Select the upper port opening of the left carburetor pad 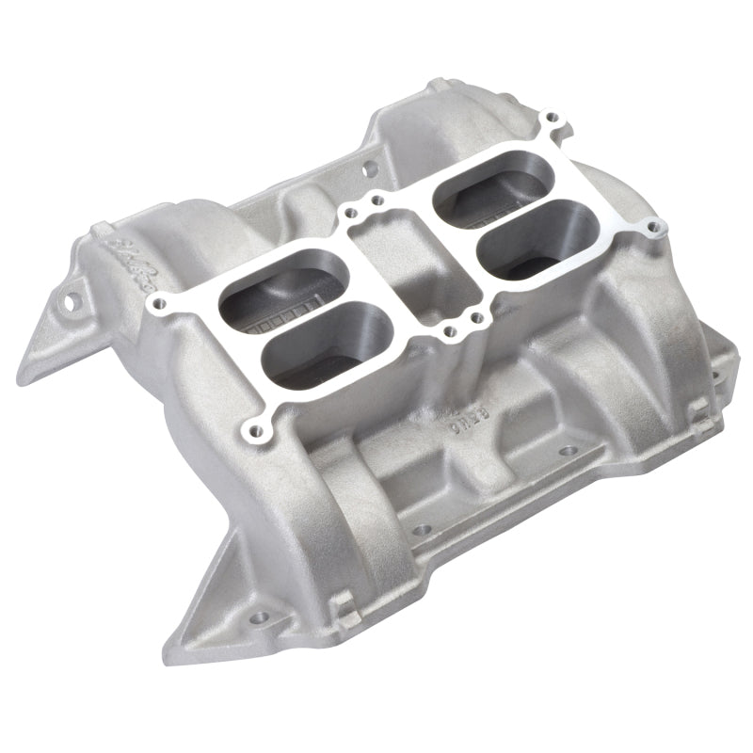(263, 292)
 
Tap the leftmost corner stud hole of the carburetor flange (157, 303)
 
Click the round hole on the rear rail (365, 170)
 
